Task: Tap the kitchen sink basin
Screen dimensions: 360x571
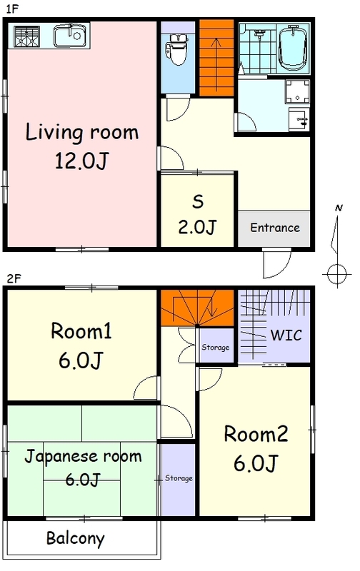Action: (x=70, y=36)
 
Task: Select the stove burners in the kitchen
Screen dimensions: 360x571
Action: (x=26, y=36)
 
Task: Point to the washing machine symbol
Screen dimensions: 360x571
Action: (x=297, y=93)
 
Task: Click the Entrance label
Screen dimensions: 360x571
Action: (x=275, y=228)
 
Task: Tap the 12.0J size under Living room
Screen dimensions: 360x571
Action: (x=82, y=161)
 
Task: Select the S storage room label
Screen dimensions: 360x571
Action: (x=198, y=201)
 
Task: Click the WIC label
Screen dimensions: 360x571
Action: (x=286, y=335)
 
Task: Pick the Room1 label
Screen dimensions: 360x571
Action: (x=81, y=331)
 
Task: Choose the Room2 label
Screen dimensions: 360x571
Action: (x=256, y=434)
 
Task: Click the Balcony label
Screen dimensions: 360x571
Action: (x=76, y=539)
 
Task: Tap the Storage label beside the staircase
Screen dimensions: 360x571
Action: (x=215, y=348)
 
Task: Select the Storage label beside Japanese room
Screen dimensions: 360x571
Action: (x=179, y=478)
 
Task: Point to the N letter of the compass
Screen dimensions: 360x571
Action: (x=339, y=208)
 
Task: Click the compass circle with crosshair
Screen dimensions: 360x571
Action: (x=337, y=273)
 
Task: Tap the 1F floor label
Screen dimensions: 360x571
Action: (x=12, y=9)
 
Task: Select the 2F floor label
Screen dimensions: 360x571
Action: (x=14, y=279)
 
